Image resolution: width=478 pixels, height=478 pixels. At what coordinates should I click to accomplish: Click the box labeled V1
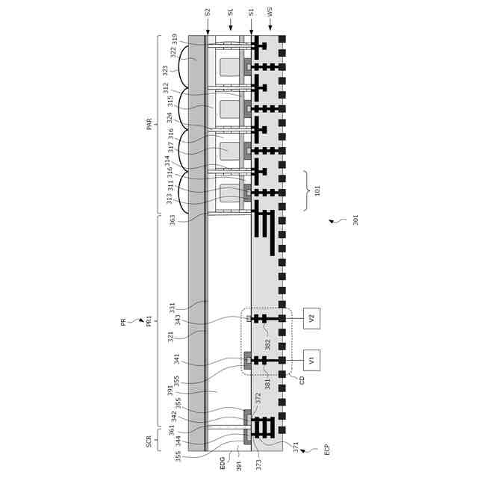(x=311, y=360)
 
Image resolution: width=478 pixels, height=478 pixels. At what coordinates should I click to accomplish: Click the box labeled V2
(x=311, y=318)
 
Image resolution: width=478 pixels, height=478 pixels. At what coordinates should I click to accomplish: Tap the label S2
(x=208, y=12)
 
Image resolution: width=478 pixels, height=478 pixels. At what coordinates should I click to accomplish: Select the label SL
(x=230, y=12)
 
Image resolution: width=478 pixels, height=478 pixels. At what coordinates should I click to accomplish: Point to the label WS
(x=270, y=12)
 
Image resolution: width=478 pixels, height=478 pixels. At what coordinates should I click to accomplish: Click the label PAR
(x=149, y=124)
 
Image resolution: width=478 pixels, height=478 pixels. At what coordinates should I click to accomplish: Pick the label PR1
(x=149, y=320)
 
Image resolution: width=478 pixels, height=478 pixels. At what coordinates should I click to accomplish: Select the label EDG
(x=222, y=463)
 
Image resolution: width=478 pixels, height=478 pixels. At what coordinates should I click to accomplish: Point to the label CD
(x=302, y=380)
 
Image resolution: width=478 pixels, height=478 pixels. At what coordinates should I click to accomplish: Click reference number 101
(x=317, y=190)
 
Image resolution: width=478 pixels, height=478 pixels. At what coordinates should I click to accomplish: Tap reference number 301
(x=356, y=220)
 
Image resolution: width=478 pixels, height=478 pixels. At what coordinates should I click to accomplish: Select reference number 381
(x=267, y=385)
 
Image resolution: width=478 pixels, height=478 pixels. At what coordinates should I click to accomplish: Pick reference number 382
(x=267, y=344)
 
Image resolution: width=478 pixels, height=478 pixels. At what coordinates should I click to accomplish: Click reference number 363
(x=172, y=220)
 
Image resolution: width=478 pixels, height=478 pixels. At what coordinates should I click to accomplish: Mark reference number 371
(x=295, y=447)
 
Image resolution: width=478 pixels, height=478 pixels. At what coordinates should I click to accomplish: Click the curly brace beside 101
(x=305, y=190)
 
